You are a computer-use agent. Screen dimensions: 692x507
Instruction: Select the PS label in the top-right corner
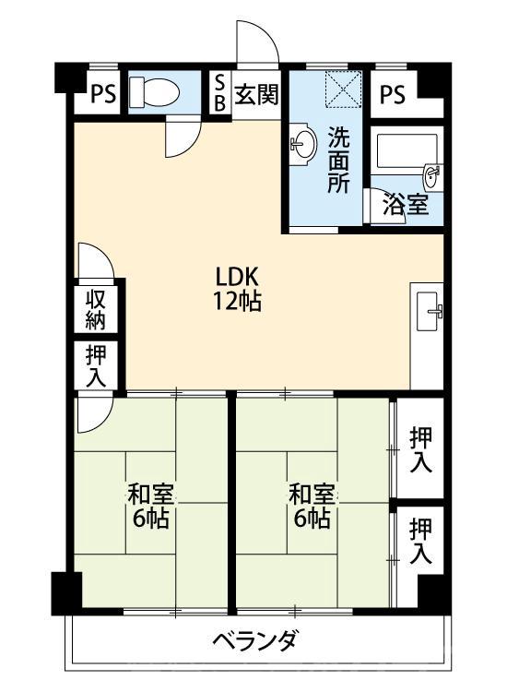392,94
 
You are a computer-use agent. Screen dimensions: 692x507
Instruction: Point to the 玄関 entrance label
255,94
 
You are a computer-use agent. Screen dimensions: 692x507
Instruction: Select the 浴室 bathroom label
407,204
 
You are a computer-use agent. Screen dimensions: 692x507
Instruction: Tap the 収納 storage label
96,309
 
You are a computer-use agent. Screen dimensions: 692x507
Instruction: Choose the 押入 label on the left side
96,364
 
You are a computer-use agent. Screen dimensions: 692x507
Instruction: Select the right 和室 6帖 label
310,506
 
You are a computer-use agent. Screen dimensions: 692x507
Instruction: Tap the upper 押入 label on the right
420,449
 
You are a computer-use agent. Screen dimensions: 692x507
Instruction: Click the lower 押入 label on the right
420,541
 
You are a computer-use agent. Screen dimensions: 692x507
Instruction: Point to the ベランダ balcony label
254,638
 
